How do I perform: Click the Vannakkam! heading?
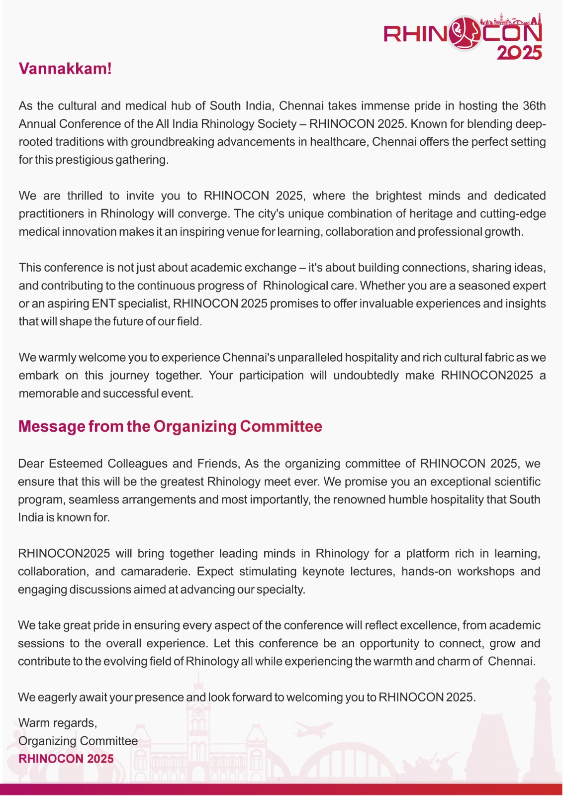pos(65,69)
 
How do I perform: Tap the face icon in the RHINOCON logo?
pos(464,34)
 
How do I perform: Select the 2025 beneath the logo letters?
pos(519,52)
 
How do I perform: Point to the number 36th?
pos(534,106)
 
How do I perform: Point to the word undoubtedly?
pos(366,375)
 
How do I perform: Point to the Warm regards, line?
pos(58,723)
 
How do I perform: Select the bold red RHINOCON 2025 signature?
pos(66,759)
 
